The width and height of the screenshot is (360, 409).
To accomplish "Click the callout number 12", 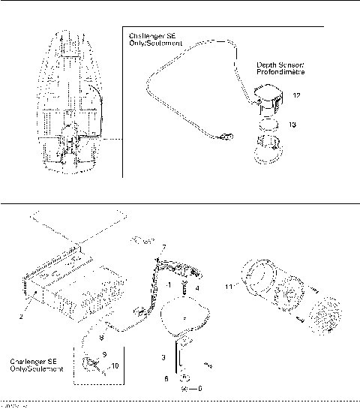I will click(x=297, y=95).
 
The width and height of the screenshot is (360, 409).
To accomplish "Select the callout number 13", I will click(x=292, y=125).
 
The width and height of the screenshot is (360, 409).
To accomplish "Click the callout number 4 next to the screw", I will click(x=197, y=287).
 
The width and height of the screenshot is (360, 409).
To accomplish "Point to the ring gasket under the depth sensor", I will click(x=268, y=122).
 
